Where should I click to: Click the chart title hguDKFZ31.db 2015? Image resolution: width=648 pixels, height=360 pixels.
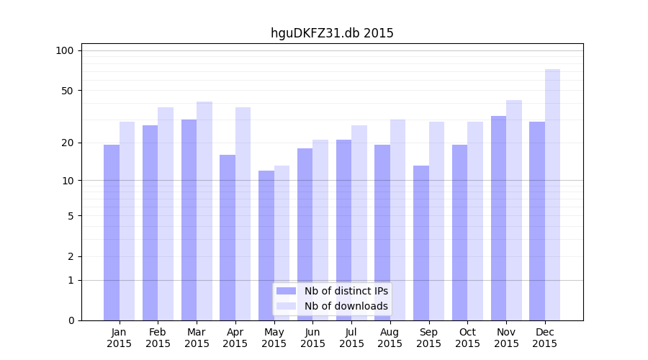(332, 33)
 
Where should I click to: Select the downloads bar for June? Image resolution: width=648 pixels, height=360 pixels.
(320, 230)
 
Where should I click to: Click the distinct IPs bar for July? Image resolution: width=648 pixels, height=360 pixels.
(343, 230)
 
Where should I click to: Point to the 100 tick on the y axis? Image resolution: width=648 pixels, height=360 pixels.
(65, 50)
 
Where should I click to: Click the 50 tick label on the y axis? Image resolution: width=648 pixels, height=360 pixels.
(68, 91)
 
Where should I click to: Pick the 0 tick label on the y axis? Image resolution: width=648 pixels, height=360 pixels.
(71, 320)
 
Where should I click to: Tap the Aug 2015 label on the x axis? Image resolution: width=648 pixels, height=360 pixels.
(390, 338)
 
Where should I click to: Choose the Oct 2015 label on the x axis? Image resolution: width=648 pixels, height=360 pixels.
(467, 338)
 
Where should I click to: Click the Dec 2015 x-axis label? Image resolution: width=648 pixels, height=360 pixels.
(545, 338)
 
